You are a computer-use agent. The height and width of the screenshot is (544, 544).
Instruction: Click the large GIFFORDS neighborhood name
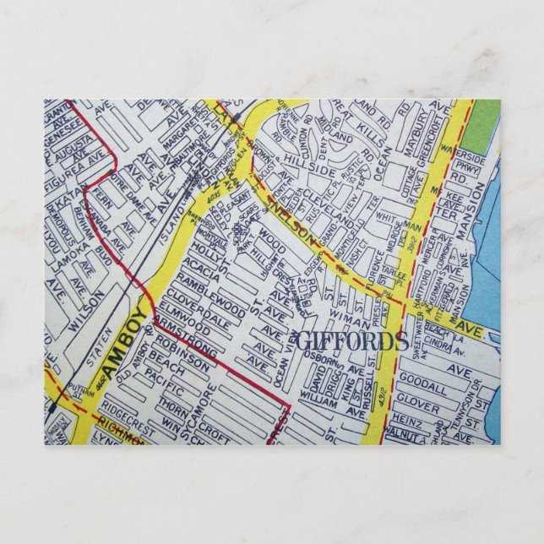click(x=353, y=343)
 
